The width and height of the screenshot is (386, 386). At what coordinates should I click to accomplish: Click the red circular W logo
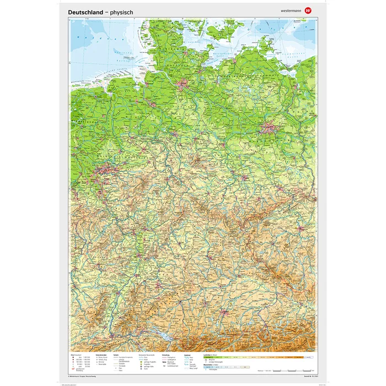point(308,9)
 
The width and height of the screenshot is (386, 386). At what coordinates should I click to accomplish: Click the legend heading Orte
point(73,355)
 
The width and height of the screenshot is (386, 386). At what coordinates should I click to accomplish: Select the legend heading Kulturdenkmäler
point(103,355)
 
